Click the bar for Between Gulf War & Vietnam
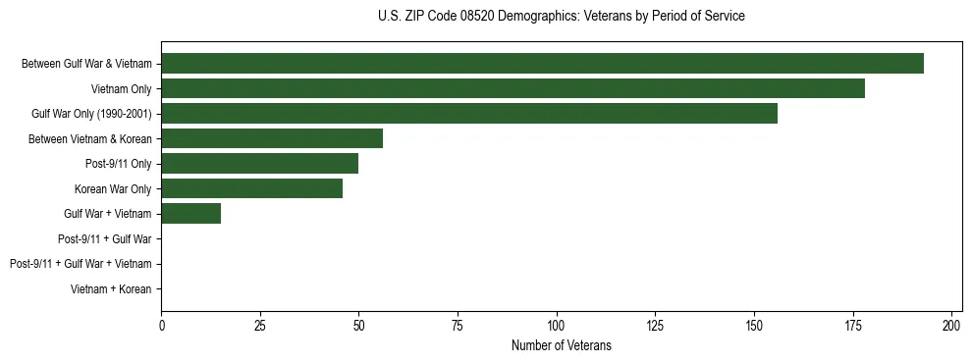tap(542, 64)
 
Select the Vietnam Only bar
tap(513, 88)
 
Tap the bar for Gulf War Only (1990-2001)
tap(469, 114)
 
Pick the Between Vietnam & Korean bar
tap(272, 138)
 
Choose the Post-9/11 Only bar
tap(260, 164)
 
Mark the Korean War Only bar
tap(252, 188)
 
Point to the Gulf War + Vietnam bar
tap(191, 214)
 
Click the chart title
tap(561, 17)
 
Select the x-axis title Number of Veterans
tap(561, 345)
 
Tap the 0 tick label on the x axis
tap(162, 325)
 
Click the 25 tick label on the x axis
tap(260, 325)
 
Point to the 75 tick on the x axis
tap(458, 325)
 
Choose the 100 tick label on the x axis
tap(557, 325)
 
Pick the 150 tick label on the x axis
tap(754, 325)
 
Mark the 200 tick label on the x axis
tap(951, 325)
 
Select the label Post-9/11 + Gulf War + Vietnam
tap(81, 264)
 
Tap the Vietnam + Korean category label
tap(111, 289)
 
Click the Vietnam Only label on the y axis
tap(122, 88)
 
